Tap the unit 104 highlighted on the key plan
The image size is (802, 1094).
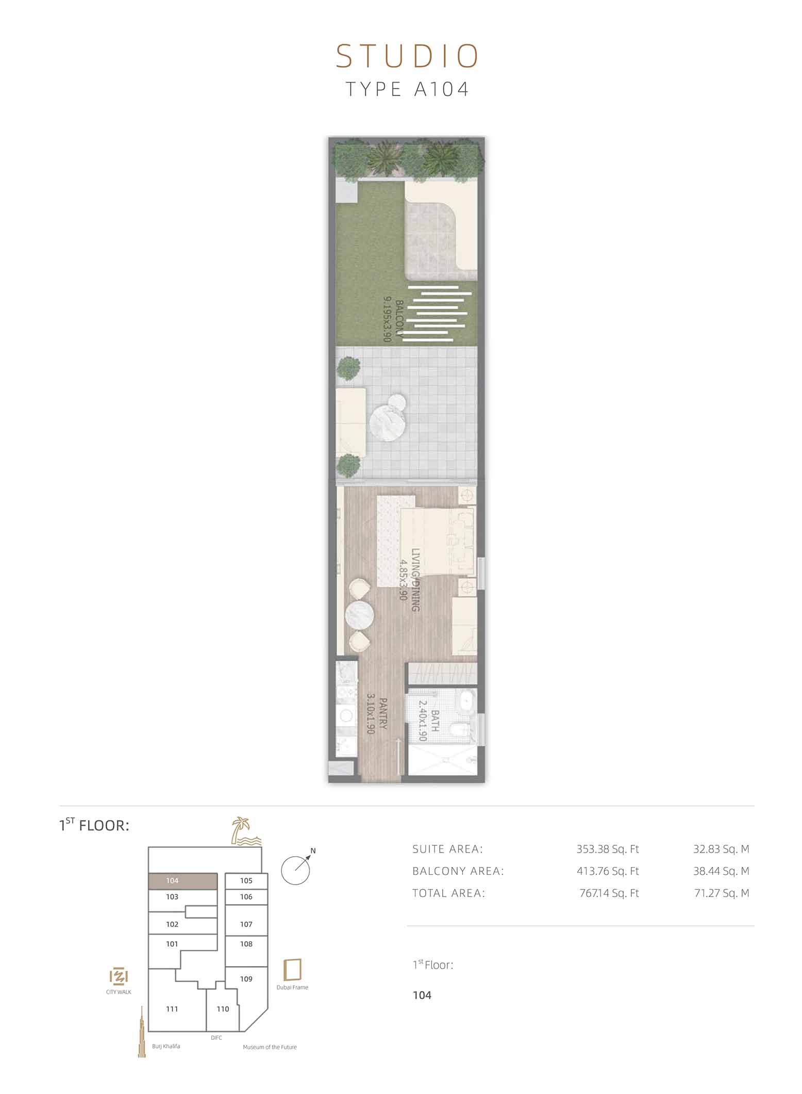click(183, 881)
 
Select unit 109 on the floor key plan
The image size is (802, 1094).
click(246, 978)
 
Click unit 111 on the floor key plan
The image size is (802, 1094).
click(172, 1008)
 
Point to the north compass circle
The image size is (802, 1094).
click(295, 871)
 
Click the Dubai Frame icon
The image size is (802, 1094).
click(292, 970)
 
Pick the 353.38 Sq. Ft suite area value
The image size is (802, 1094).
click(608, 849)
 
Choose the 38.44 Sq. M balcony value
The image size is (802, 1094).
click(721, 871)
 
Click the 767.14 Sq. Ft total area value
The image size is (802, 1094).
click(609, 893)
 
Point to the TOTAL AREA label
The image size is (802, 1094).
click(448, 893)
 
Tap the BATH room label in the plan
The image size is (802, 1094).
click(435, 721)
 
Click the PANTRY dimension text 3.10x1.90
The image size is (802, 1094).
click(371, 713)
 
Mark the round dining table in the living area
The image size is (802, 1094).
click(360, 615)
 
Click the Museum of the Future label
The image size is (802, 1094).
click(270, 1047)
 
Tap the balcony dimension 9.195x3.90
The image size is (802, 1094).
click(388, 319)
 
